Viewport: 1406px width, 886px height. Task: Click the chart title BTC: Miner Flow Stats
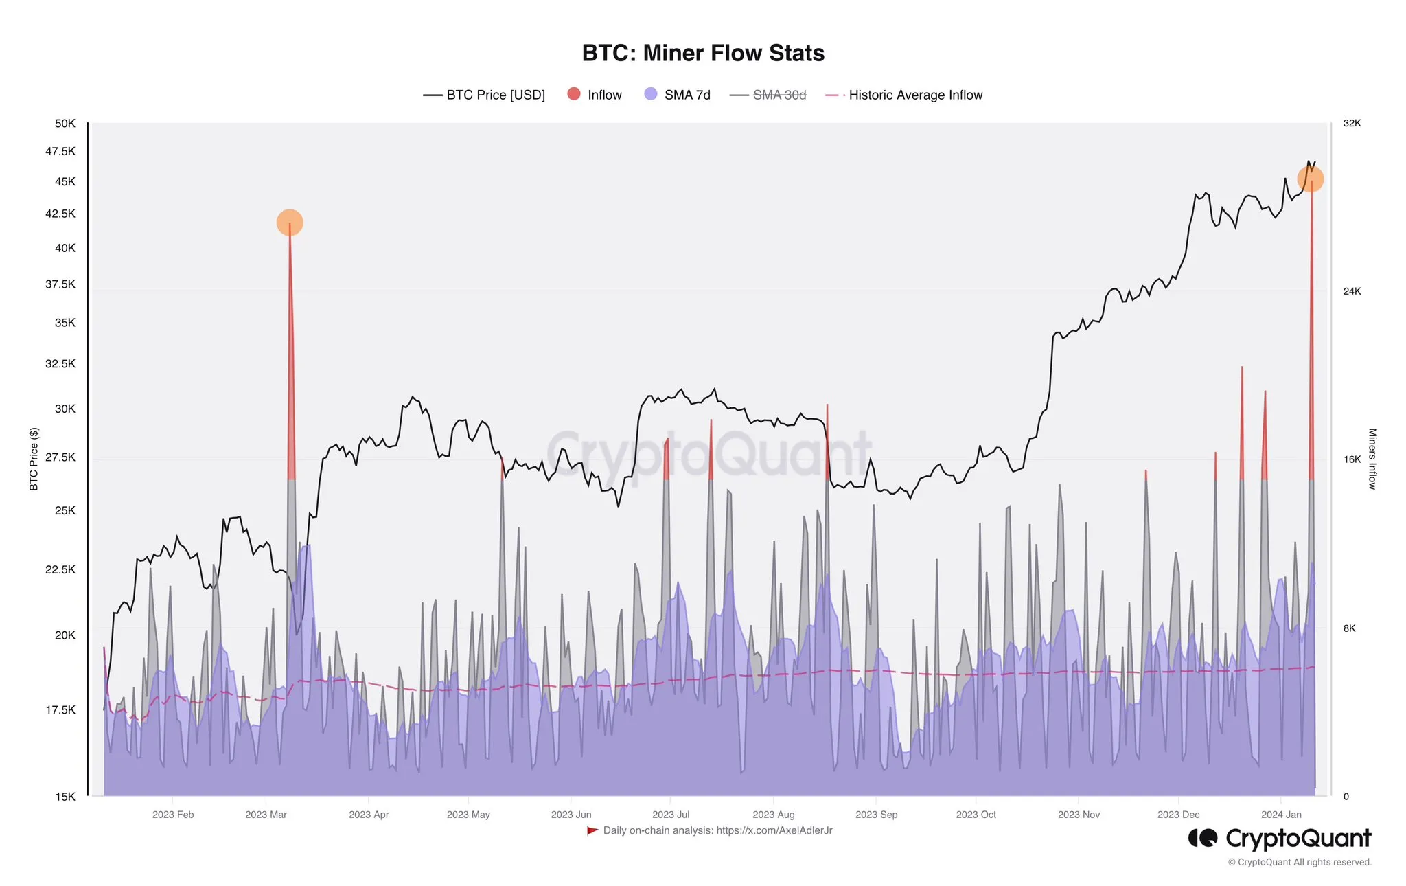[703, 53]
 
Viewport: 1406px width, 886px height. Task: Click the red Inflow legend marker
[574, 94]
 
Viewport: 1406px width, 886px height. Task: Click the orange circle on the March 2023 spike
[290, 223]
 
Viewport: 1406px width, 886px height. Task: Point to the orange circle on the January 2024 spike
[1310, 179]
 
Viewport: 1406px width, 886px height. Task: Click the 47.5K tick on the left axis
[60, 151]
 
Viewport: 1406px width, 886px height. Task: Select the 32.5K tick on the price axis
[60, 363]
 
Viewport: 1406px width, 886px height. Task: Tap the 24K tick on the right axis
[1352, 291]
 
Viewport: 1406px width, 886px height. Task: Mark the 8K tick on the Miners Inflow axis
[1349, 628]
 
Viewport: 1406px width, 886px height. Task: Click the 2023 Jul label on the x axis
[670, 815]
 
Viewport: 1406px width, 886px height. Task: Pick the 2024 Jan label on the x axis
[1280, 815]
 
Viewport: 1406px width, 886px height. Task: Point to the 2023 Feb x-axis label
[173, 815]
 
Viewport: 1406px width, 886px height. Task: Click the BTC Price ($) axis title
[34, 459]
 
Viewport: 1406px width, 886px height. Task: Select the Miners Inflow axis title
[1372, 459]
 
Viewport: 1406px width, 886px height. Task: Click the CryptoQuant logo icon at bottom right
[1202, 838]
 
